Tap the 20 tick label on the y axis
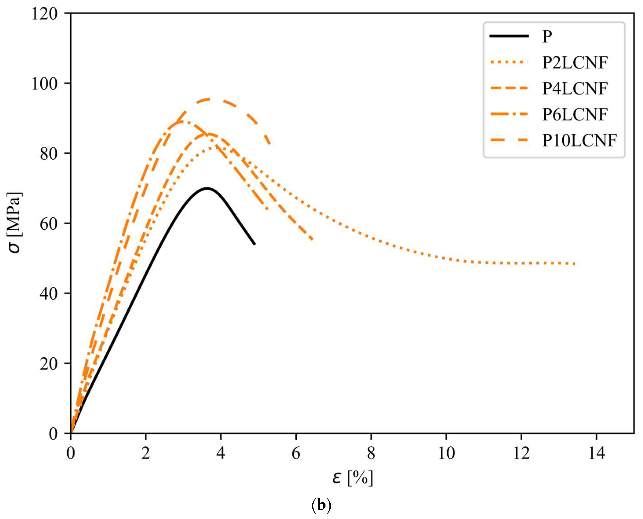48,364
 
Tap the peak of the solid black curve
207,188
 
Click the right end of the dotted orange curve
574,264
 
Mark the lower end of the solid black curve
255,244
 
